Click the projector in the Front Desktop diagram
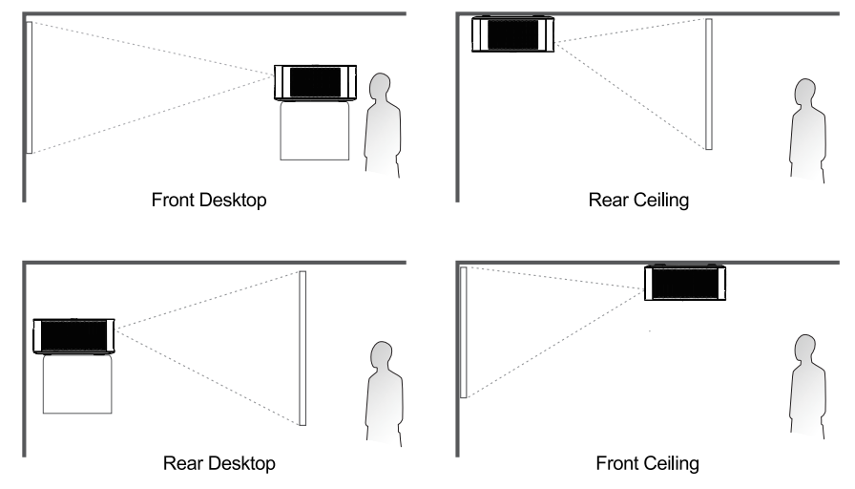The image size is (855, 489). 315,82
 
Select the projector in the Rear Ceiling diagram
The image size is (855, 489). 512,33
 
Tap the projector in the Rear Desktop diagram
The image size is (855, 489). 74,335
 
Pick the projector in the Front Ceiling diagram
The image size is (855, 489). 685,282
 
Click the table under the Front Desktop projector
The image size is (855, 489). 315,131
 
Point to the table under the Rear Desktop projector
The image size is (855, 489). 77,384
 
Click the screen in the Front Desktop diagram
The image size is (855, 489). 30,87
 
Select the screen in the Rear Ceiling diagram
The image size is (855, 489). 709,84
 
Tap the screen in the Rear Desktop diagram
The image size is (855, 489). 302,349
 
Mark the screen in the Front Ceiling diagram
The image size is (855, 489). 464,332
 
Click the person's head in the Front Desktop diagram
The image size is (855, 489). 380,87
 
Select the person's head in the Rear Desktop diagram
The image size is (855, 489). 381,355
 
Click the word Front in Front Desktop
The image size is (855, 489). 170,200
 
